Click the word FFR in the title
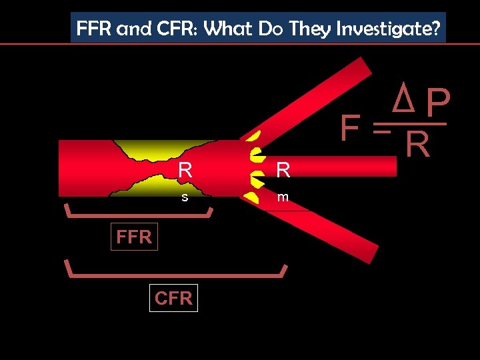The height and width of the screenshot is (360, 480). click(x=94, y=29)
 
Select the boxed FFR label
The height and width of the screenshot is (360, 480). click(x=134, y=237)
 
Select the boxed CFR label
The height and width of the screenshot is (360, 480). click(x=173, y=298)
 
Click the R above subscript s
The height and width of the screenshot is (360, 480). click(x=185, y=171)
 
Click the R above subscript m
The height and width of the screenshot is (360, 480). click(x=283, y=171)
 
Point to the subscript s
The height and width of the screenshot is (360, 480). click(x=185, y=197)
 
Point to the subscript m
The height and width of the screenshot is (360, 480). click(x=283, y=197)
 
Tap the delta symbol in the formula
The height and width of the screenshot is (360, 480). click(x=401, y=99)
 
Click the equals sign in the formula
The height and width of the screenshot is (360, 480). click(x=381, y=131)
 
